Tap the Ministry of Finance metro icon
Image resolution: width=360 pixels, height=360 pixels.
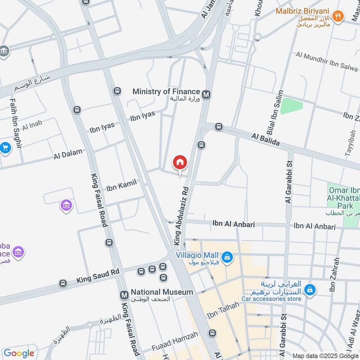click(207, 94)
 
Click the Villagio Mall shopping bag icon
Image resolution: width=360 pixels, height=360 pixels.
click(228, 256)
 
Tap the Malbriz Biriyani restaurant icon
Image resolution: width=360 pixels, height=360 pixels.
click(337, 17)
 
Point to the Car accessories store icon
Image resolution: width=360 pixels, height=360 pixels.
click(309, 291)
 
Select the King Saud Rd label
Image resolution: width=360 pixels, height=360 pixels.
click(98, 275)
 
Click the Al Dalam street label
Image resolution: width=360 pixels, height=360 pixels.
click(68, 154)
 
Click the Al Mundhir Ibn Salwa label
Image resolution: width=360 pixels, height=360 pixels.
click(326, 61)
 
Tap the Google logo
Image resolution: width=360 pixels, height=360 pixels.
click(19, 353)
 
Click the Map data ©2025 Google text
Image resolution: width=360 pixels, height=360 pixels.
click(325, 355)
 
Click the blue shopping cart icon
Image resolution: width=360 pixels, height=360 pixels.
click(5, 148)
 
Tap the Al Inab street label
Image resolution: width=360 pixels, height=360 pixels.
click(31, 127)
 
